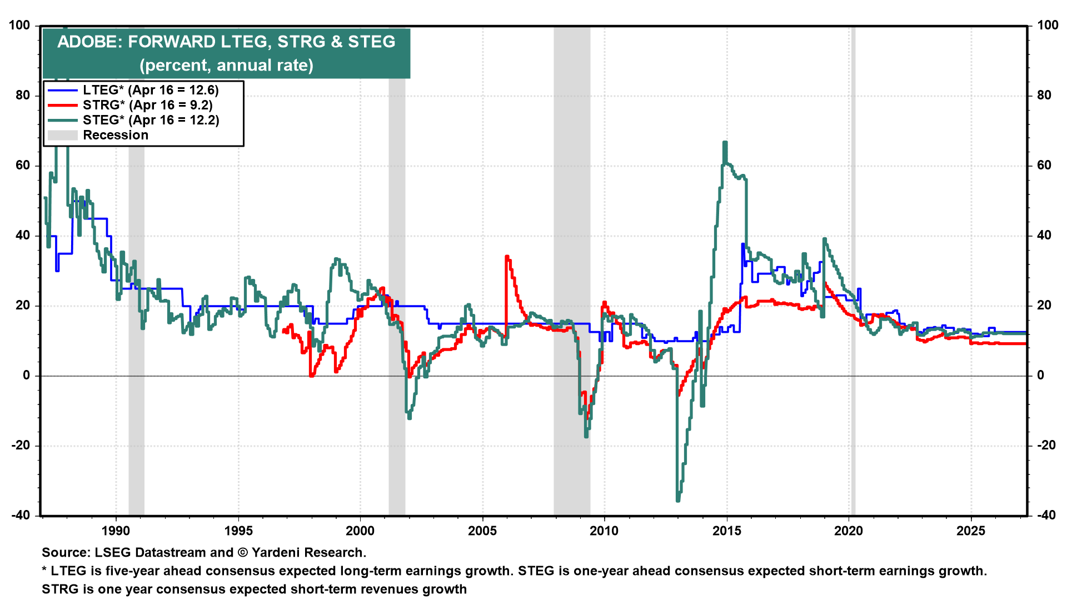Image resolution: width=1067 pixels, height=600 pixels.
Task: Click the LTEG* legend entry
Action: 150,90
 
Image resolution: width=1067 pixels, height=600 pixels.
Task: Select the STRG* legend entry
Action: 147,105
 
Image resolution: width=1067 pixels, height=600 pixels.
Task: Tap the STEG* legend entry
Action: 151,120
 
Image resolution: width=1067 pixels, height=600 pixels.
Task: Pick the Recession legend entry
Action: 116,135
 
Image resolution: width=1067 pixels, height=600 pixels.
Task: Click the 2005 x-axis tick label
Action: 482,531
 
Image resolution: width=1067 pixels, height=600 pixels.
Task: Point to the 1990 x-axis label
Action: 116,531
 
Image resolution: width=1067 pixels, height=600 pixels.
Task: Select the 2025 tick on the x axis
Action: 971,531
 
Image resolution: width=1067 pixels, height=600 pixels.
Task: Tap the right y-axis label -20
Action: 1046,446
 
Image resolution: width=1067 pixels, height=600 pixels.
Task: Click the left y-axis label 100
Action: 19,25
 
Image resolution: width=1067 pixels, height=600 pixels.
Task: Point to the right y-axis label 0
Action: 1041,376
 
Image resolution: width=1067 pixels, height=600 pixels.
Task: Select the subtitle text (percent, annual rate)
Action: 227,66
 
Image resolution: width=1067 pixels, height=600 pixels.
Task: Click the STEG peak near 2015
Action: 725,143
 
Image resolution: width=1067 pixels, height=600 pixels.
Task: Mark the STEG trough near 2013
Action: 678,500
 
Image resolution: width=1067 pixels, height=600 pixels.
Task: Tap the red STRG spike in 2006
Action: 506,257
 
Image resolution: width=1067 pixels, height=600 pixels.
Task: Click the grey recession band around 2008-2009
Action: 572,278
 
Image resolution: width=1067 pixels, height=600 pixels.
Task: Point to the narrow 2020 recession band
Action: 853,278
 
